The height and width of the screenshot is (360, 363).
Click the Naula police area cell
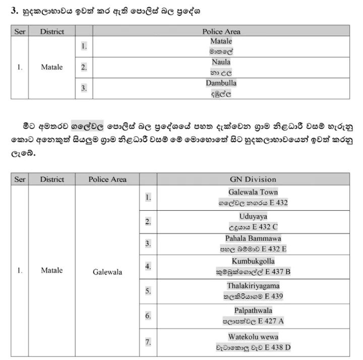coord(221,67)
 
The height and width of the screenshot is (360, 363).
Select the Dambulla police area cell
coord(221,88)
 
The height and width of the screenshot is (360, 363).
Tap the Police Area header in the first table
coord(221,31)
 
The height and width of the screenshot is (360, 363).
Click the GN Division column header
coord(253,179)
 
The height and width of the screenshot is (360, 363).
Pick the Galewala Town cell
coord(253,197)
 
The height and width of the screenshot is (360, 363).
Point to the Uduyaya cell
coord(253,221)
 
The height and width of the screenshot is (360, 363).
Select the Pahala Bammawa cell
coord(253,244)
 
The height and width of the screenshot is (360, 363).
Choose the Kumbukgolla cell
coord(253,266)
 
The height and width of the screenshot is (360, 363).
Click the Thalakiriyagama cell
coord(253,291)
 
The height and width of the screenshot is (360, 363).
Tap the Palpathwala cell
coord(253,316)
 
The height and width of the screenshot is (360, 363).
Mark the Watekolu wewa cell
coord(253,342)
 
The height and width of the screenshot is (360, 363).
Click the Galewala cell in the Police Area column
coord(107,272)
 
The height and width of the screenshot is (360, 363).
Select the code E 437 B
coord(278,272)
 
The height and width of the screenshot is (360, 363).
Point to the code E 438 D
coord(277,347)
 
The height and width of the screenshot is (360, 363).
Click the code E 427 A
coord(275,321)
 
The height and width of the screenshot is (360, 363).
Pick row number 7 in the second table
coord(148,342)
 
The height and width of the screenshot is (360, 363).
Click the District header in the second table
coord(52,179)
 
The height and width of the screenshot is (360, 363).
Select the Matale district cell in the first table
coord(52,67)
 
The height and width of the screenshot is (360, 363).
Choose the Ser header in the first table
coord(20,31)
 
